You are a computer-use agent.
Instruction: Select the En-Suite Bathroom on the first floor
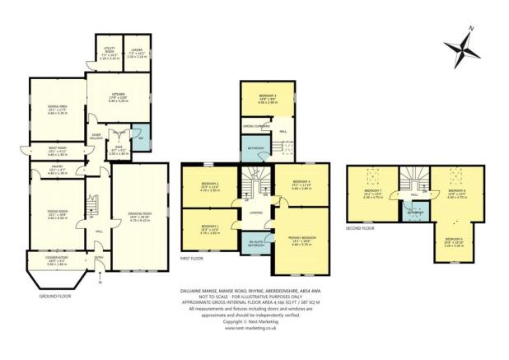(x=258, y=243)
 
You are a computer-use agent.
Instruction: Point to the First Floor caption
(x=191, y=258)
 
